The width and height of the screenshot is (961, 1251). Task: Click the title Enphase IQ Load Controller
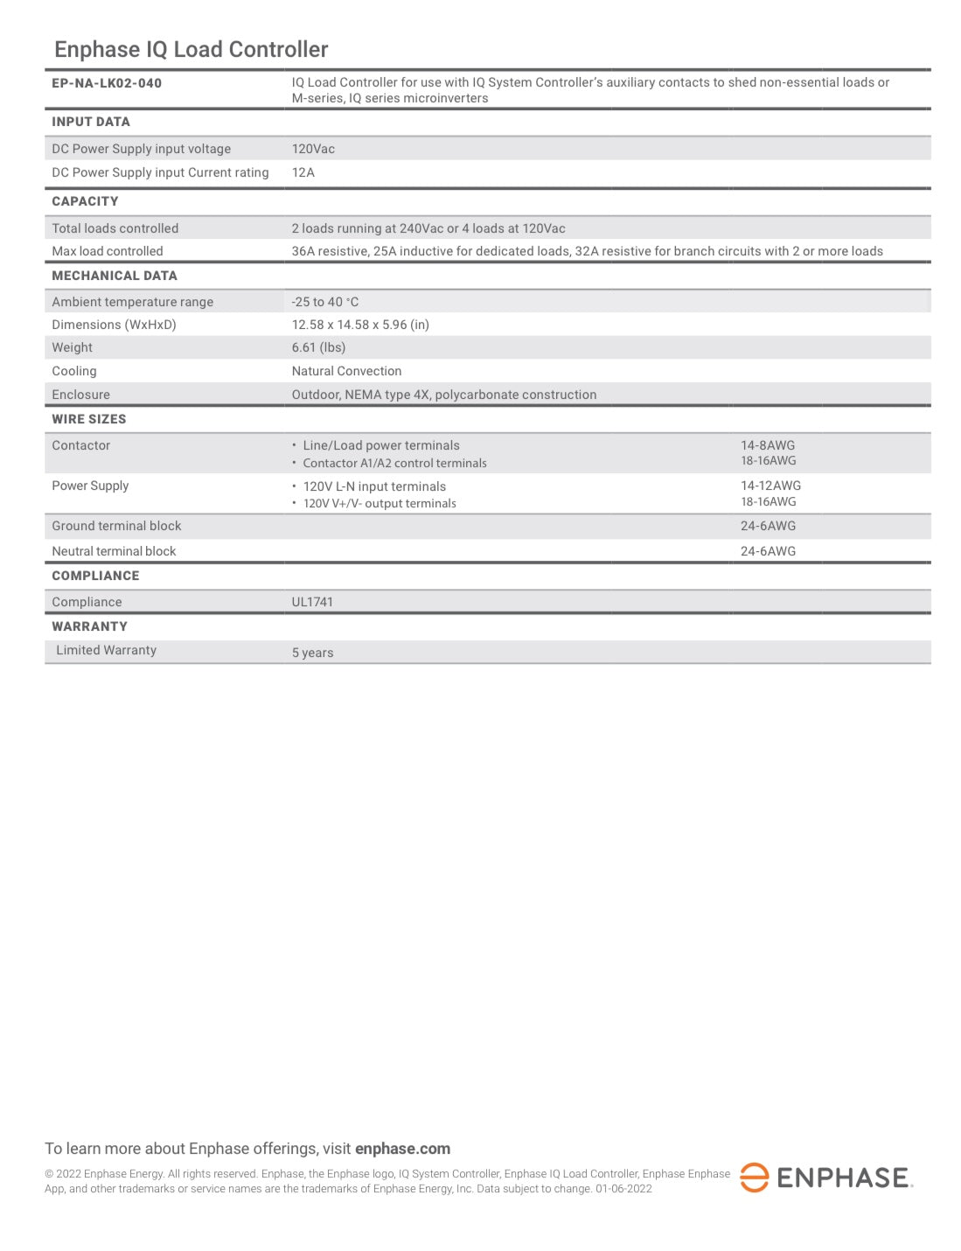point(191,50)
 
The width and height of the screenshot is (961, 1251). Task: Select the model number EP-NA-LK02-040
point(107,83)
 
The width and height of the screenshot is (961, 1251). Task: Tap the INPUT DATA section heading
point(91,122)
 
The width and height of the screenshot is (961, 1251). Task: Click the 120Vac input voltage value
point(313,149)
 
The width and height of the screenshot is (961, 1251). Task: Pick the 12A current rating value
point(303,172)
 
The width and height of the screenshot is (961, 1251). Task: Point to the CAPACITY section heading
point(85,201)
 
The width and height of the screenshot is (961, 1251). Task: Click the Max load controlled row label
point(108,251)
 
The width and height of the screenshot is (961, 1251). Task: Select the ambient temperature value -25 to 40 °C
point(325,302)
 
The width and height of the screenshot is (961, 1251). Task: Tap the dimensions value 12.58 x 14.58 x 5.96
point(360,325)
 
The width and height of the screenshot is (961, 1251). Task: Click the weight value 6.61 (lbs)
point(318,347)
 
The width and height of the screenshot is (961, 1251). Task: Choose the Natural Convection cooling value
point(346,371)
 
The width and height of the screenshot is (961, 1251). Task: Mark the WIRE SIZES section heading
point(89,419)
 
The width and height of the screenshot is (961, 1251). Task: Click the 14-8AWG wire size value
point(768,445)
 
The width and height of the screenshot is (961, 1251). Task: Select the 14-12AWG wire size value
point(770,486)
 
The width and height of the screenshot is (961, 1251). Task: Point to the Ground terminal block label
point(116,526)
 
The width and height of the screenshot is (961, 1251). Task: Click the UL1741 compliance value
point(312,602)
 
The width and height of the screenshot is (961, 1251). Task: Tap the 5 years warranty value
point(312,653)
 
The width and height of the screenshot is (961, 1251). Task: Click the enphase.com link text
point(402,1149)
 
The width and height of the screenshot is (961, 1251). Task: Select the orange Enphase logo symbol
point(754,1178)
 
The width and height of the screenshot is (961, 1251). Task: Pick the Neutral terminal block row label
point(114,551)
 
